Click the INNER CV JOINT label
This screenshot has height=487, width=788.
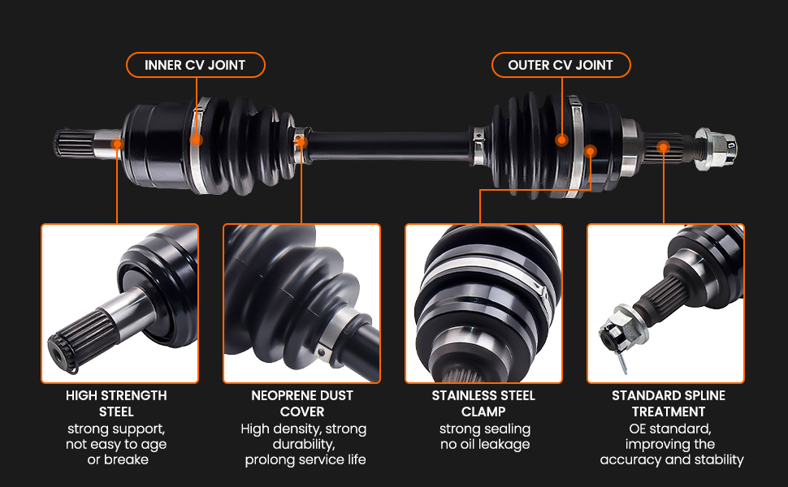[x=195, y=65]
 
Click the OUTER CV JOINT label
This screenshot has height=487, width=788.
[x=561, y=65]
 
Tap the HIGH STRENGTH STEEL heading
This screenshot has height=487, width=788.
[x=117, y=403]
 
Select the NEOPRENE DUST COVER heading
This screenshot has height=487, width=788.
[x=302, y=403]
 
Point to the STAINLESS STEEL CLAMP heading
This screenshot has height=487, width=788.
[x=483, y=403]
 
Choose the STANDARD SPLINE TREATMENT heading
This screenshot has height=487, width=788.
[x=669, y=403]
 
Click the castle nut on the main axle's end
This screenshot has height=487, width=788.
[x=716, y=148]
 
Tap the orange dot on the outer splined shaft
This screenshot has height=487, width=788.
[x=664, y=147]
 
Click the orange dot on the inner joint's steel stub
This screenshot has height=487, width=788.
[x=117, y=144]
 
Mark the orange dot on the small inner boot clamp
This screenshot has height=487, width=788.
[x=301, y=142]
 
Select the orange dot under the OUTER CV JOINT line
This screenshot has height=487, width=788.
[x=562, y=140]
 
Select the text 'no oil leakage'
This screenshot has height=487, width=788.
[x=485, y=444]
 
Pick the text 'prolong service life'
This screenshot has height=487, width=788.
[x=305, y=460]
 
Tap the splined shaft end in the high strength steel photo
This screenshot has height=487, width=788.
[x=80, y=336]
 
